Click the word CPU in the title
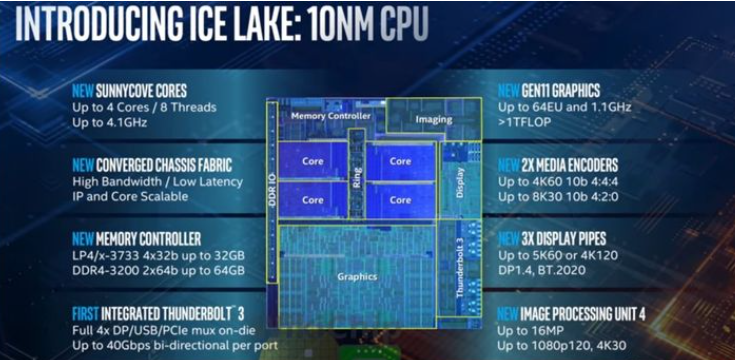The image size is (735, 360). pos(404,23)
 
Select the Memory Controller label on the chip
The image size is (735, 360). pos(331,116)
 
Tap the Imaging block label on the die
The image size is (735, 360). pos(434,120)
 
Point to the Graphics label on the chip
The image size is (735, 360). pos(357,277)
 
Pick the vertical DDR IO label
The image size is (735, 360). pos(272,190)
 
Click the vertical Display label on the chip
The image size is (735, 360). pos(460,182)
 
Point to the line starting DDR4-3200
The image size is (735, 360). pos(158,271)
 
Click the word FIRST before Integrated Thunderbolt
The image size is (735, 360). pos(85,313)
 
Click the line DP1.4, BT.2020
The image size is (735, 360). pos(541,271)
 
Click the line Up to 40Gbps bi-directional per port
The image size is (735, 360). pos(175,346)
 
